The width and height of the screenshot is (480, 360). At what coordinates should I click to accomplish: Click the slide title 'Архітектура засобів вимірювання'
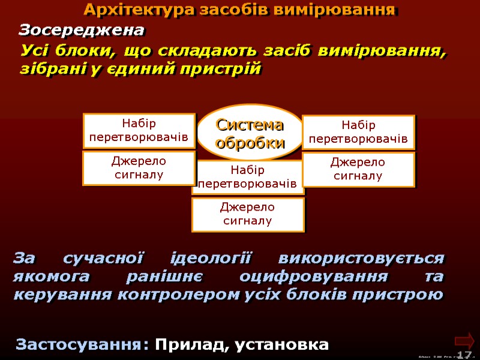240,10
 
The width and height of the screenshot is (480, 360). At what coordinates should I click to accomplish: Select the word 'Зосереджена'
82,29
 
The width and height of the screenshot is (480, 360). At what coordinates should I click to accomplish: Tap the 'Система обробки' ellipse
250,134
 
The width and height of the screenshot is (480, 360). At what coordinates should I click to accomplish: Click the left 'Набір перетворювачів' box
139,131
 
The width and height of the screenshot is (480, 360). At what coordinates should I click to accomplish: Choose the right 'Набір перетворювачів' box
358,133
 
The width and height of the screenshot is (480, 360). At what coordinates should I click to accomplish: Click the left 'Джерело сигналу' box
139,168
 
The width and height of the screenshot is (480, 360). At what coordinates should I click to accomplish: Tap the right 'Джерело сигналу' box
358,169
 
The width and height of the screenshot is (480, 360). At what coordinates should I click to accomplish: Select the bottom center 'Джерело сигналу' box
248,214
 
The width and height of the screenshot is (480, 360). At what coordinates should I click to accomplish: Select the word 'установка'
282,345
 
